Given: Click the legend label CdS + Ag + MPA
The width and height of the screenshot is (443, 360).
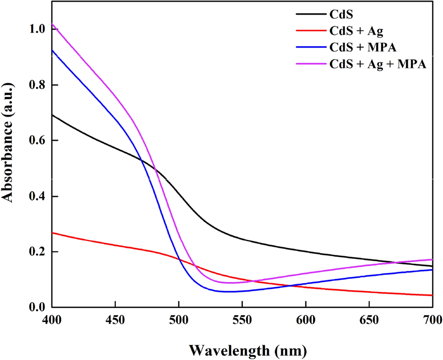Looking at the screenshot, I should [x=378, y=65].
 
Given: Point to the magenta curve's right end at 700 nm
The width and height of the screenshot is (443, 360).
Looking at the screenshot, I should [x=432, y=259].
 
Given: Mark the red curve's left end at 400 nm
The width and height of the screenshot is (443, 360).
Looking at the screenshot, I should [x=52, y=233].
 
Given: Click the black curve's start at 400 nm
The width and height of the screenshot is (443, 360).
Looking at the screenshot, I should [x=52, y=115].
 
